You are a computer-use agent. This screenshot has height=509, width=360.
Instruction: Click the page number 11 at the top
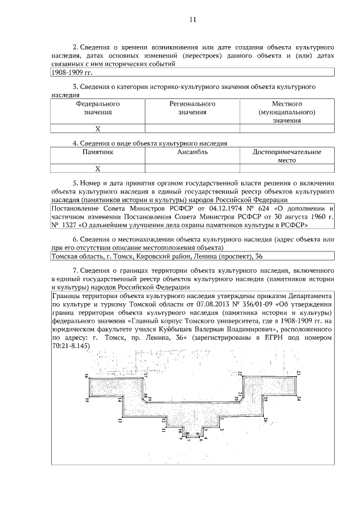tap(192, 20)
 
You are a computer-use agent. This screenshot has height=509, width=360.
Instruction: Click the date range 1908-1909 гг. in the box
tap(71, 73)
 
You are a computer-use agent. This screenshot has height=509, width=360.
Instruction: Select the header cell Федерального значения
tap(97, 108)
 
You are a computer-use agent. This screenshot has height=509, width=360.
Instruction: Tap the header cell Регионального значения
tap(192, 108)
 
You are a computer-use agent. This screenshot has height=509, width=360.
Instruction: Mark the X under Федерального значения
tap(97, 129)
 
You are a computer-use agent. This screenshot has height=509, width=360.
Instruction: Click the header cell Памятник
tap(97, 152)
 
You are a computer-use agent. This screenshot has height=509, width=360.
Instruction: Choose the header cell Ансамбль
tap(192, 152)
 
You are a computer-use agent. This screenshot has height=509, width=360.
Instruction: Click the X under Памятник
tap(97, 168)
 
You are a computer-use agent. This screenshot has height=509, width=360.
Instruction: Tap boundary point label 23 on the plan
tap(299, 373)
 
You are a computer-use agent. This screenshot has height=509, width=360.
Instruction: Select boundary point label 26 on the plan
tap(265, 419)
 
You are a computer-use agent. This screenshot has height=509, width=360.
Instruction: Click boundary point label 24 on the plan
tap(299, 398)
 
